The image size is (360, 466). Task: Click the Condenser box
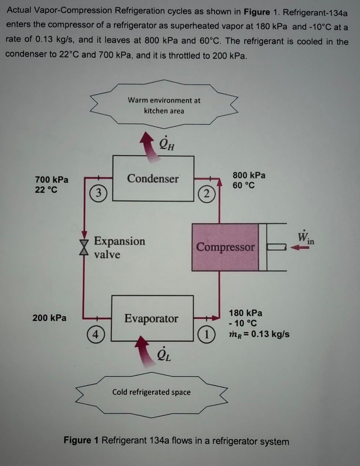point(153,178)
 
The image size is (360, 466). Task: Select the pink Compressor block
point(225,247)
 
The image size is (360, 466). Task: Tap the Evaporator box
point(152,318)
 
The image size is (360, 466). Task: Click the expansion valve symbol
point(85,246)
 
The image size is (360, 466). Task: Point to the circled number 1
point(206,334)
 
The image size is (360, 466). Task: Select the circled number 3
point(98,193)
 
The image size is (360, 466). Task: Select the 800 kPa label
point(249,175)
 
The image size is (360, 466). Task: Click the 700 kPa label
point(51,180)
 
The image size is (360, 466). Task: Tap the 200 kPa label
point(49,318)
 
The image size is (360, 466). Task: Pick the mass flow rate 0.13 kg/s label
point(259,334)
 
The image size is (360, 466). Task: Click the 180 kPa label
point(245,313)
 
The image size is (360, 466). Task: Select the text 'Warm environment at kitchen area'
point(164,105)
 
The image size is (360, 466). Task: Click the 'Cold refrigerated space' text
point(151,392)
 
